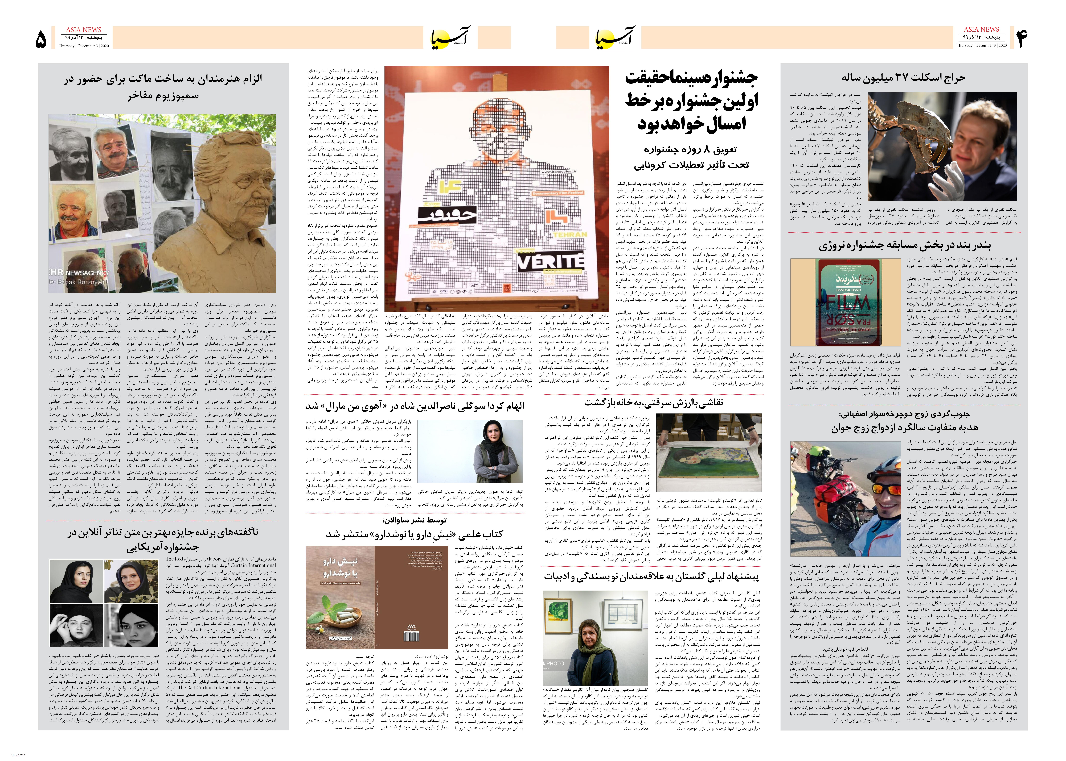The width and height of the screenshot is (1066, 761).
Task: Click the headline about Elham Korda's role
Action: pyautogui.click(x=415, y=406)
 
